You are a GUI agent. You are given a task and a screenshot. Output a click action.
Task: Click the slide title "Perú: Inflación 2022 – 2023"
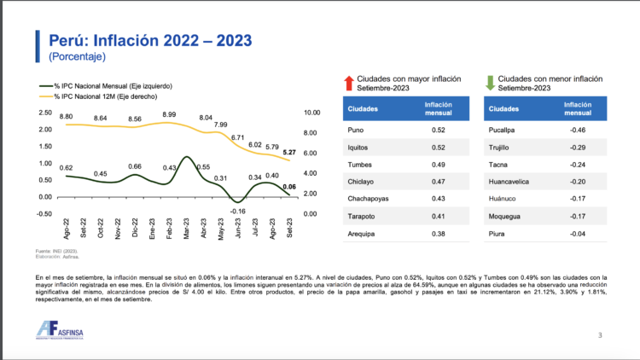(x=149, y=40)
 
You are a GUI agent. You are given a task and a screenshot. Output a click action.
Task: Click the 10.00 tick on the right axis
(x=311, y=113)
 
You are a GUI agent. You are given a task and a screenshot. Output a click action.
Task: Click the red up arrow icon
(x=348, y=83)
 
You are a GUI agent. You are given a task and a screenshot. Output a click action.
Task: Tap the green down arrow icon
(x=490, y=83)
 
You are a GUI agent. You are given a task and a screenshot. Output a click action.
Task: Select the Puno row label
(x=358, y=130)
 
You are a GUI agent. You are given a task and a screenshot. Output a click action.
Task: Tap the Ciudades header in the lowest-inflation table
(x=505, y=108)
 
